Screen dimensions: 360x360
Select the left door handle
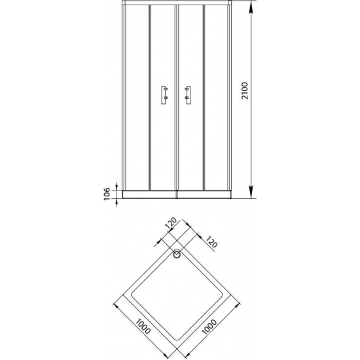(x=164, y=95)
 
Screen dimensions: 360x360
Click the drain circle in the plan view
(x=177, y=256)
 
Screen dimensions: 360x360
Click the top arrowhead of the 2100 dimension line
(x=253, y=9)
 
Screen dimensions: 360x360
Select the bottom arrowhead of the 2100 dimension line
(x=253, y=193)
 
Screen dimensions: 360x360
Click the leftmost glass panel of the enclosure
(x=136, y=98)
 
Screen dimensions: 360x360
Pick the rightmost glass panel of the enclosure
(x=218, y=98)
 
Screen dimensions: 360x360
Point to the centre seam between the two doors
(x=177, y=98)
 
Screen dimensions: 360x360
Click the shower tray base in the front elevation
(x=177, y=193)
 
